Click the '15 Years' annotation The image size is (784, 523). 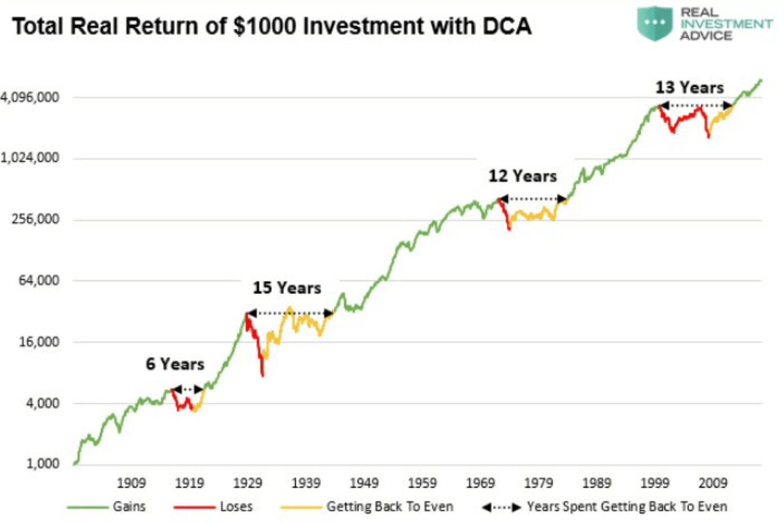[287, 288]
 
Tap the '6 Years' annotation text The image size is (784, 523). [175, 364]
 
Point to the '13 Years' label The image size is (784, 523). [689, 87]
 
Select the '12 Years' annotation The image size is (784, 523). [522, 176]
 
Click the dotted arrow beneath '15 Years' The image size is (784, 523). [290, 314]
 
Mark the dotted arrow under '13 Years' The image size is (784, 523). [695, 105]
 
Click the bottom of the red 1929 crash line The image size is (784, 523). [263, 374]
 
